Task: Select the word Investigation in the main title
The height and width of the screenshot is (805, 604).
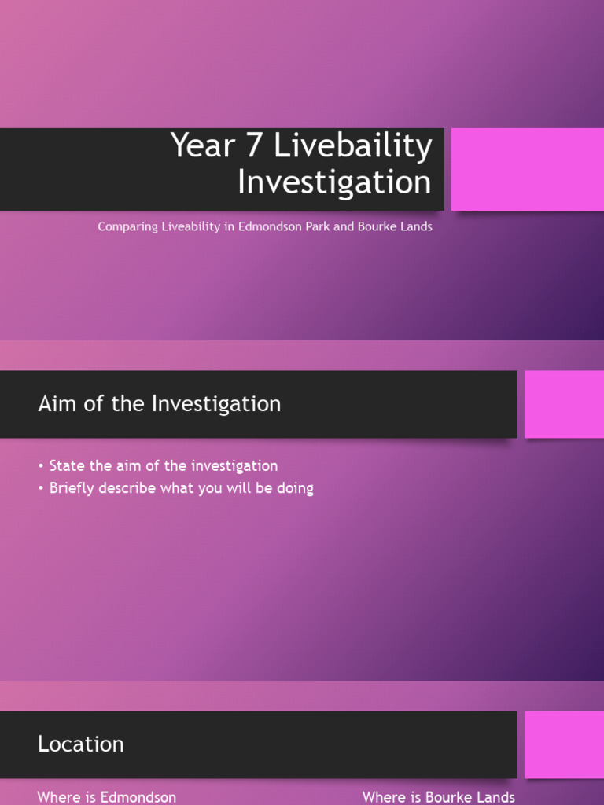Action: [x=334, y=182]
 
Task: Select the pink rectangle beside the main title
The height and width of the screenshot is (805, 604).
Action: [x=527, y=169]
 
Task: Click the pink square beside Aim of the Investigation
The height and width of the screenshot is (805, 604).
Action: [x=564, y=404]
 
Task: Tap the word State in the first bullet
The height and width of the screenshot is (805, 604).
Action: [x=67, y=465]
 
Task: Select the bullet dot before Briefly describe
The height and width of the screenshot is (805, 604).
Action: [x=40, y=488]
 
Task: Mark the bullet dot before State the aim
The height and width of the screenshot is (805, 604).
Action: [x=40, y=466]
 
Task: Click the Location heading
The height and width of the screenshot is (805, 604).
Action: [x=81, y=744]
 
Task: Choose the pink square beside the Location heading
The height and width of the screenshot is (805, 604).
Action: [x=564, y=744]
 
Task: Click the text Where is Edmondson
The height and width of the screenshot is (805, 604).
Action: [x=107, y=797]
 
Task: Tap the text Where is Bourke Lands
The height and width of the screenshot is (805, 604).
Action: [x=439, y=797]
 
